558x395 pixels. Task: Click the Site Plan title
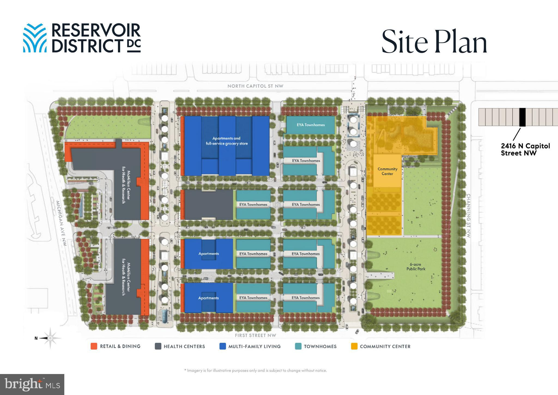coord(434,41)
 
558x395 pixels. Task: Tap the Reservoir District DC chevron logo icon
coord(35,38)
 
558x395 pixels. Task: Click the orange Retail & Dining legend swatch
coord(94,346)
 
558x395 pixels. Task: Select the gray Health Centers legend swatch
coord(158,346)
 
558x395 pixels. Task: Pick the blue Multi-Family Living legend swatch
coord(223,346)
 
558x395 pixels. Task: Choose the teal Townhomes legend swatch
coord(298,346)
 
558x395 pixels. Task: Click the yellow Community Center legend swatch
coord(354,346)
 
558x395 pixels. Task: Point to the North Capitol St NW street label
coord(255,86)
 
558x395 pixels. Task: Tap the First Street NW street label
coord(255,335)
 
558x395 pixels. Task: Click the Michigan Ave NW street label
coord(61,223)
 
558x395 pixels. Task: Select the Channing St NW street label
coord(469,216)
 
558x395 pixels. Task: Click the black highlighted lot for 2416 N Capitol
coord(522,117)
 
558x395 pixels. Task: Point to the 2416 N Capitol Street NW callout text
coord(525,150)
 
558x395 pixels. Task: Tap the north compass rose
coord(50,338)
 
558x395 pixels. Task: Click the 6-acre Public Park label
coord(416,267)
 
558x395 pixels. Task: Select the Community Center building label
coord(387,171)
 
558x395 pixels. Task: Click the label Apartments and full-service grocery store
coord(227,141)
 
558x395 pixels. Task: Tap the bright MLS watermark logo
coord(32,384)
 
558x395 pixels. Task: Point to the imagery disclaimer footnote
coord(256,370)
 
